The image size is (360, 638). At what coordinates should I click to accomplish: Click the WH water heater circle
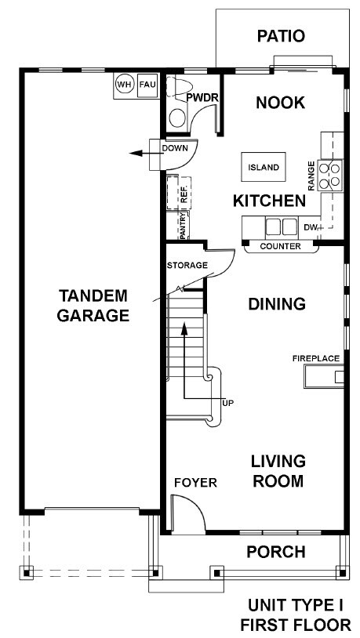[x=124, y=85]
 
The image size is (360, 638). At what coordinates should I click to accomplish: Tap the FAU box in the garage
[x=147, y=85]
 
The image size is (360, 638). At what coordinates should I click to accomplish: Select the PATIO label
[x=281, y=36]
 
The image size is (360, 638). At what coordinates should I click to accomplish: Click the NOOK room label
[x=281, y=103]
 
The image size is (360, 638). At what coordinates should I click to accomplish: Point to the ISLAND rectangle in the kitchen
[x=264, y=167]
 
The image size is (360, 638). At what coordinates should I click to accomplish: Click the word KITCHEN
[x=269, y=201]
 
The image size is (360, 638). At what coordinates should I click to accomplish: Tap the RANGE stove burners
[x=330, y=176]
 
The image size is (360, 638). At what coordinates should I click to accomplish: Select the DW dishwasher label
[x=310, y=227]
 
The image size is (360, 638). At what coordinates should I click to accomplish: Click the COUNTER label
[x=280, y=246]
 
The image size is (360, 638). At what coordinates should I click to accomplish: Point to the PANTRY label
[x=183, y=226]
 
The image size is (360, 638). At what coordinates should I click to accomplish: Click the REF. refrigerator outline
[x=179, y=193]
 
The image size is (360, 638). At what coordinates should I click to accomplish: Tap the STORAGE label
[x=187, y=265]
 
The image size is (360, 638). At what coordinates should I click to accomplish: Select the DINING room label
[x=277, y=304]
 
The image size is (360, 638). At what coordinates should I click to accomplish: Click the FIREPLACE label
[x=316, y=358]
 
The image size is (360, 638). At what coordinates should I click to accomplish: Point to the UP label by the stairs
[x=228, y=403]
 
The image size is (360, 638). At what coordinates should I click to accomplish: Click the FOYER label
[x=195, y=483]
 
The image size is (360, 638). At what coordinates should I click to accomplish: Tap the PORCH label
[x=276, y=552]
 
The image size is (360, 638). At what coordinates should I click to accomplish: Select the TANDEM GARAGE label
[x=93, y=305]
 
